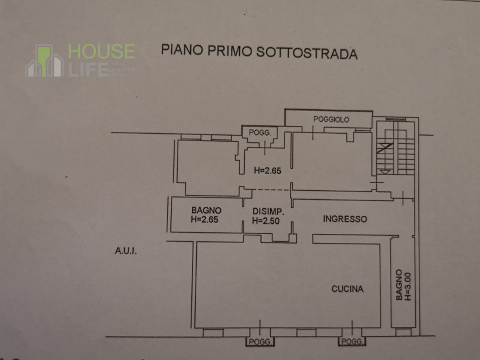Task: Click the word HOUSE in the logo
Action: coord(101,50)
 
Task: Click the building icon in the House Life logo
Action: coord(44,61)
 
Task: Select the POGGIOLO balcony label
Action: coord(331,120)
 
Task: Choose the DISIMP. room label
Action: coord(268,212)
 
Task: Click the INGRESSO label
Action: coord(344,219)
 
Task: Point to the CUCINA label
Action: coord(347,289)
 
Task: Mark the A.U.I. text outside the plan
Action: coord(126,251)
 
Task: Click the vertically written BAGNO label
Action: coord(398,284)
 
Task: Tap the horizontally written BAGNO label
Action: coord(206,211)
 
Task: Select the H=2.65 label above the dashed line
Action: coord(268,170)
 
